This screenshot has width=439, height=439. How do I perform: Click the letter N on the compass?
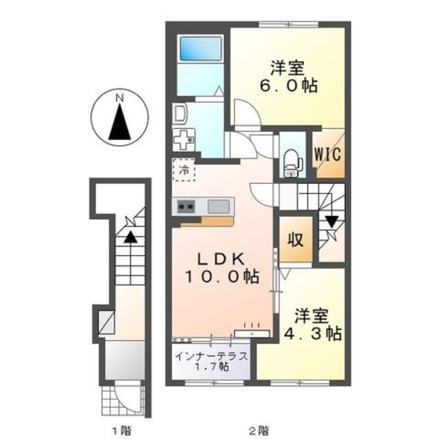point(120,98)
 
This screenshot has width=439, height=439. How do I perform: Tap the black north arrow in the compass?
point(120,122)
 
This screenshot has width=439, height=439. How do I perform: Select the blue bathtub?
point(200,49)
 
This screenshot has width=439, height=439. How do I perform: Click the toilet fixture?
point(293,163)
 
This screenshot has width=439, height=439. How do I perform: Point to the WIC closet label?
point(328,154)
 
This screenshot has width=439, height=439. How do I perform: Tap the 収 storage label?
point(296,239)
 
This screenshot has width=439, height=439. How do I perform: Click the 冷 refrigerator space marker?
point(184,170)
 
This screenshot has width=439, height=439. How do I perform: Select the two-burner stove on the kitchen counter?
point(186,206)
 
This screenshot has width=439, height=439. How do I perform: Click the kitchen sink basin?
point(218,206)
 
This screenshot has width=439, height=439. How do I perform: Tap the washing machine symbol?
point(184,139)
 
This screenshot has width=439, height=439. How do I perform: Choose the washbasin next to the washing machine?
point(180,113)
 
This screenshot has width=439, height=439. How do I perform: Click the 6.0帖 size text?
point(289,86)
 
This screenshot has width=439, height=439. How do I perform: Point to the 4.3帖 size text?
point(313,333)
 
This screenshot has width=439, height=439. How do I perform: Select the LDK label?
point(222,259)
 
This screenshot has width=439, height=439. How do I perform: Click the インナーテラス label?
point(212,357)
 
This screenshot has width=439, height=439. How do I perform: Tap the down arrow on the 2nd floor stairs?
point(332,222)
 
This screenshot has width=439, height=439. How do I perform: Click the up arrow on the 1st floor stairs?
point(130,237)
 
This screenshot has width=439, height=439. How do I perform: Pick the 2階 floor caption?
point(259,429)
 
